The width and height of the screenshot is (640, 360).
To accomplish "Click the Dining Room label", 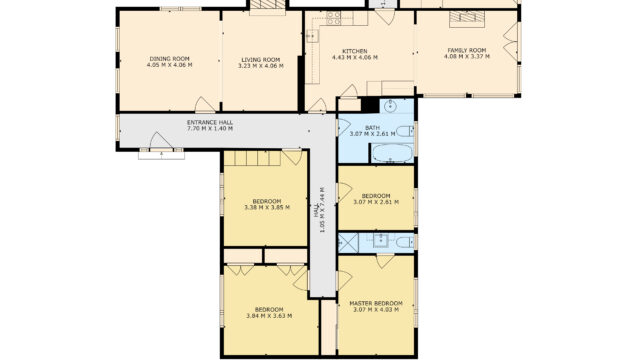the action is pos(169,58).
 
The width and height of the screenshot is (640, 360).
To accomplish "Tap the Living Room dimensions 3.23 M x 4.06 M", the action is pos(261,66).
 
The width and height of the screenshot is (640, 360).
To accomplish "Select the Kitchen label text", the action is pos(355,51).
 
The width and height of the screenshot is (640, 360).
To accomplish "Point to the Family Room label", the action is pos(467,50).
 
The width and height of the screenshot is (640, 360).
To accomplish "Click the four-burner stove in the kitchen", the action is pos(333,18).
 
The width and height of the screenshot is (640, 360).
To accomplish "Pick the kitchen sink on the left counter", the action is pos(312,36).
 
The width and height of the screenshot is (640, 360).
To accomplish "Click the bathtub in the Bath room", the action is pos(392,153).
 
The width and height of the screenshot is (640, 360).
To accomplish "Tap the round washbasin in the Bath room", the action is pos(391,107).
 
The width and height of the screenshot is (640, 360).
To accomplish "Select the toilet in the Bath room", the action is pos(406,131).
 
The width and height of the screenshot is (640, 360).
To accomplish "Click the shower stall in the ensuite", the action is pos(348,242).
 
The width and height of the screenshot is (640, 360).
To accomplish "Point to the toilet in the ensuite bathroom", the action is pos(406,242).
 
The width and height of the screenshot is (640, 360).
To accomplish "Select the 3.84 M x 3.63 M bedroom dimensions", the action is pos(269,316).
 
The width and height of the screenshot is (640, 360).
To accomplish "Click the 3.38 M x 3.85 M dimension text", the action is pos(267,207).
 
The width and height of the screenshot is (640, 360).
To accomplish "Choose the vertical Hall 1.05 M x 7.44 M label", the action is pos(319,210).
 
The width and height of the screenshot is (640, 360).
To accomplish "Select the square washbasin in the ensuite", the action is pos(380,241).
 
